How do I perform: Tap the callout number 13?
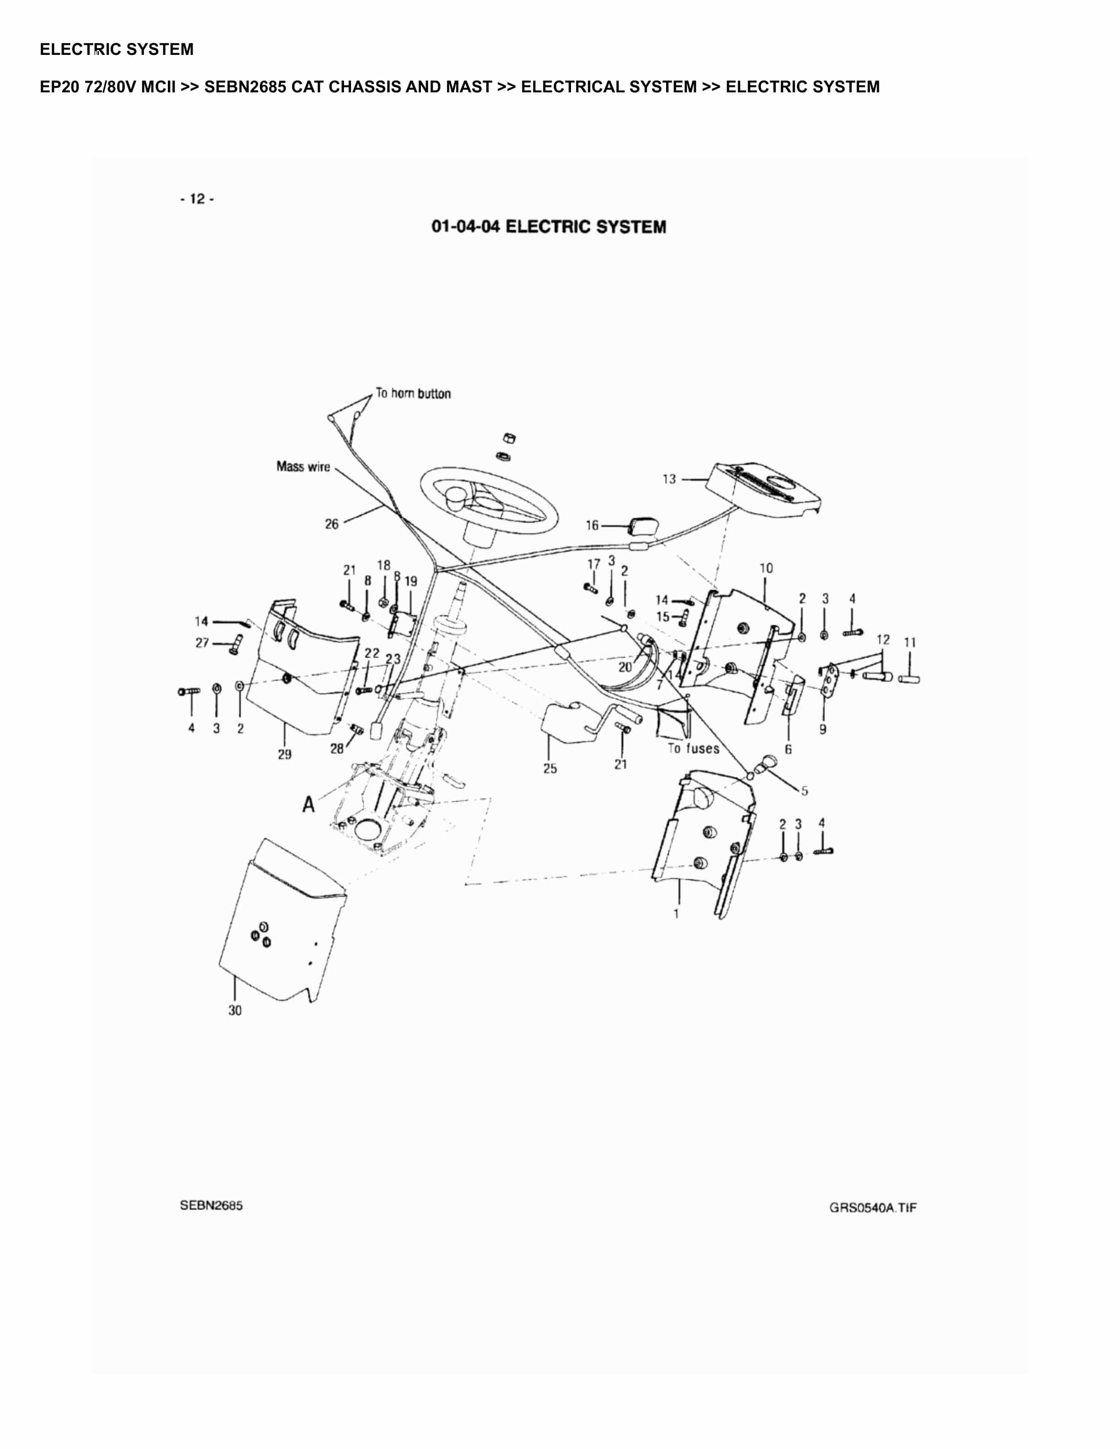click(669, 479)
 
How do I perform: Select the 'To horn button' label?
click(413, 393)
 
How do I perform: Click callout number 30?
click(235, 1010)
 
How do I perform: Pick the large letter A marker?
click(308, 805)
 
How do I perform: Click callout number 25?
click(550, 769)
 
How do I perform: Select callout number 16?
click(592, 526)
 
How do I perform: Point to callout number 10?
click(766, 568)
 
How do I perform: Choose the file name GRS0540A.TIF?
click(872, 1207)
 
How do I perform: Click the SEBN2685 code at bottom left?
click(211, 1206)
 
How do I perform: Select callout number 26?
click(331, 524)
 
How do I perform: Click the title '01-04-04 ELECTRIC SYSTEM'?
click(548, 227)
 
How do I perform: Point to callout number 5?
click(804, 791)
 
